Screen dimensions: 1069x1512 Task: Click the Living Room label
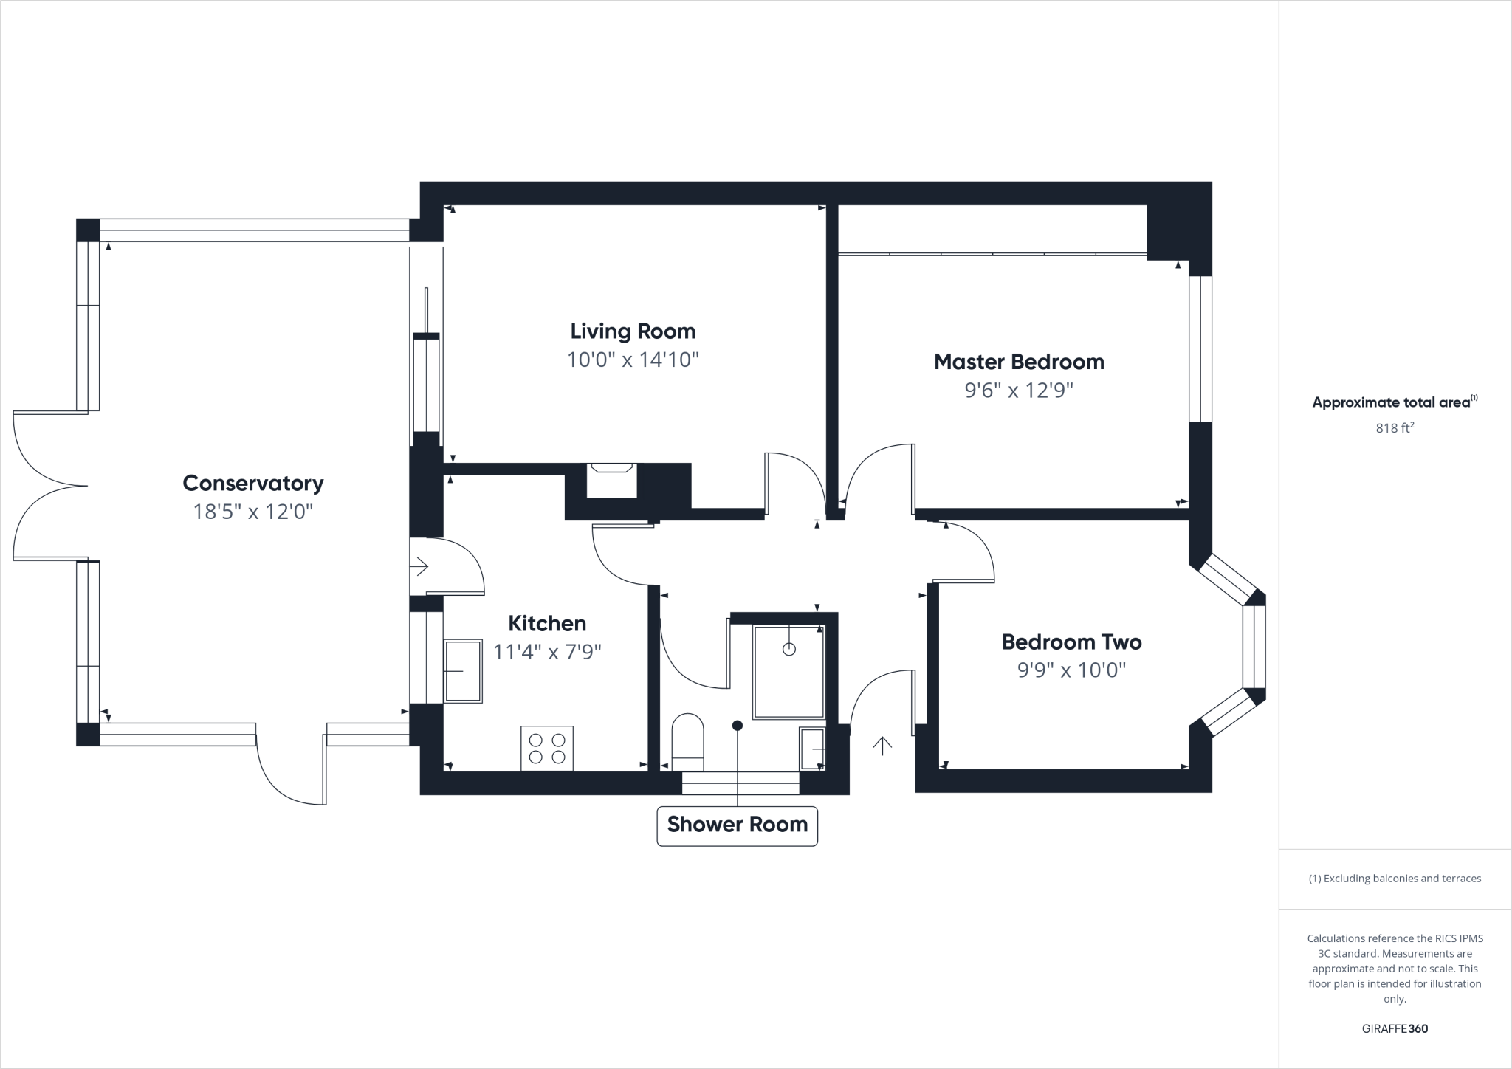(x=633, y=331)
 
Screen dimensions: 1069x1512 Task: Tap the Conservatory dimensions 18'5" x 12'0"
(x=253, y=512)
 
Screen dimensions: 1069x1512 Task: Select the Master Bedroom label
(x=1019, y=362)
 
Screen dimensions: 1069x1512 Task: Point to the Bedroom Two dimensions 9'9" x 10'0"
(x=1071, y=670)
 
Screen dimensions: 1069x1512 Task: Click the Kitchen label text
(x=547, y=623)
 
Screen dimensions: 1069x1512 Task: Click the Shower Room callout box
(x=737, y=825)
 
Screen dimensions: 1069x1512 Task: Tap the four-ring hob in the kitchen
(x=547, y=749)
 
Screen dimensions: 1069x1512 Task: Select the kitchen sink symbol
(x=463, y=671)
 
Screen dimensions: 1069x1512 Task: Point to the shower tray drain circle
(x=788, y=649)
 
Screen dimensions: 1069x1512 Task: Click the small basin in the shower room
(x=813, y=748)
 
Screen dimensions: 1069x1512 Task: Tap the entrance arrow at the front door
(x=882, y=746)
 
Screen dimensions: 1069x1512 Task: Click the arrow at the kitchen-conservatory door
(x=419, y=567)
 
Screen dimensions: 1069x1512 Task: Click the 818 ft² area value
(x=1395, y=427)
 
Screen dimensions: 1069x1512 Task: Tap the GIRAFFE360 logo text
(x=1395, y=1028)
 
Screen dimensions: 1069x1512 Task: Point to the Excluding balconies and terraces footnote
(x=1395, y=879)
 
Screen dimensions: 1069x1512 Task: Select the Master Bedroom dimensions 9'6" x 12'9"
(x=1019, y=391)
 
